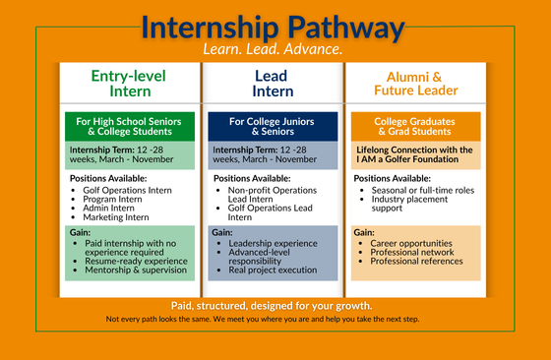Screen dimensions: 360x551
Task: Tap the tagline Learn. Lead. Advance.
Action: (x=273, y=48)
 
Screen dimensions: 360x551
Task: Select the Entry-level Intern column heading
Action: (x=128, y=83)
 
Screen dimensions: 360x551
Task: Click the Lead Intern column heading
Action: (x=272, y=83)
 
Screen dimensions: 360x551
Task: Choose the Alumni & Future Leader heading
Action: (x=414, y=83)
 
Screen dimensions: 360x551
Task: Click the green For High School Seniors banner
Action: (x=128, y=127)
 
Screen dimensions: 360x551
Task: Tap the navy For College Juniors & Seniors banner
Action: (x=272, y=127)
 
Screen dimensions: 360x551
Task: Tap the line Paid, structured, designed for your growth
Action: (x=273, y=305)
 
